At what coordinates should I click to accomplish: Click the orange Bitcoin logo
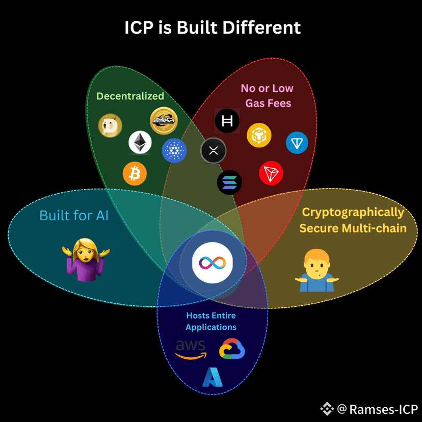135,174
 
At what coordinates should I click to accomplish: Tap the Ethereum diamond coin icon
140,143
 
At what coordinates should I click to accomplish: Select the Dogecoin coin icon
110,126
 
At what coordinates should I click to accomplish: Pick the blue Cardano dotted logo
174,150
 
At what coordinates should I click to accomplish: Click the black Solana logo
229,182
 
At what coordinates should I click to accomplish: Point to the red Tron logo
271,173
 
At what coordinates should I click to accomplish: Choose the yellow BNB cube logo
259,135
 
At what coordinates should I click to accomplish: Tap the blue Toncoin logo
297,143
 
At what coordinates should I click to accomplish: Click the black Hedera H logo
227,121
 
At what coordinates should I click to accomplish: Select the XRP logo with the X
214,151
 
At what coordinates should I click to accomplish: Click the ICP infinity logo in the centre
213,262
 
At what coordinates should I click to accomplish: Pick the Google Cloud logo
232,349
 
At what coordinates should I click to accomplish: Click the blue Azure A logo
213,377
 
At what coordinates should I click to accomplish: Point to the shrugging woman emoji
86,260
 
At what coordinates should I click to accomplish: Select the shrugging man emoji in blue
317,270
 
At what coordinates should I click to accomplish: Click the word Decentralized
130,96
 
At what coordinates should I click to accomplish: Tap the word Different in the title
261,28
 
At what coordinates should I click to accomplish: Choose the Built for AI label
74,216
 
